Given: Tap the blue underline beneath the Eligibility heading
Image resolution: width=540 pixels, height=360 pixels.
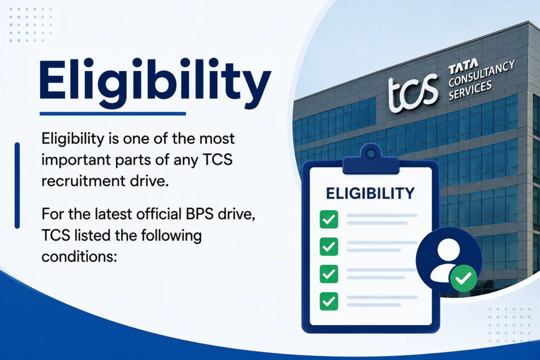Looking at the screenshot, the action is click(x=113, y=113).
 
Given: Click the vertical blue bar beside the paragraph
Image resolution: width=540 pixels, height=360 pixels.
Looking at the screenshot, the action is click(x=17, y=185).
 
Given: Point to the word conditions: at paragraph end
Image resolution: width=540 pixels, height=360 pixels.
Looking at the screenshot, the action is click(x=79, y=257).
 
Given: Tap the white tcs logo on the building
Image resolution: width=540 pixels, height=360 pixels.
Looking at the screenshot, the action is click(x=412, y=93).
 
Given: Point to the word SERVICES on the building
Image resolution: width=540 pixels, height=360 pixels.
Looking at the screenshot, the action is click(x=470, y=90).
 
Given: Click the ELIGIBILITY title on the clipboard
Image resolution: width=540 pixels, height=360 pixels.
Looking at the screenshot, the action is click(x=370, y=193).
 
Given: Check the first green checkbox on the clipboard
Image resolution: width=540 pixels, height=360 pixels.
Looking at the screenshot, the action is click(x=329, y=219).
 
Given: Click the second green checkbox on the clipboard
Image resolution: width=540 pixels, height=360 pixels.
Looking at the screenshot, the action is click(x=329, y=247).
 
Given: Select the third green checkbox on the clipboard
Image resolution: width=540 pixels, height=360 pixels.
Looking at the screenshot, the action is click(x=329, y=274).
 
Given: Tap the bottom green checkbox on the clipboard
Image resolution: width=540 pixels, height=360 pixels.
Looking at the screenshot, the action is click(x=329, y=301).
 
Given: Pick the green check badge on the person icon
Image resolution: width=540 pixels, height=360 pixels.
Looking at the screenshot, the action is click(x=464, y=278).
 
